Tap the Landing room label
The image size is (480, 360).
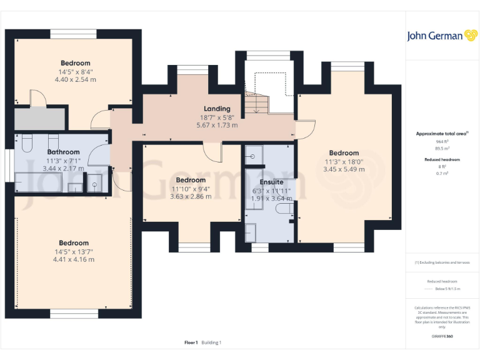(217, 109)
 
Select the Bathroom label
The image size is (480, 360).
(63, 152)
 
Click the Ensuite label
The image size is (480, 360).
(271, 182)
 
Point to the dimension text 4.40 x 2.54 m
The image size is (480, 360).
(75, 79)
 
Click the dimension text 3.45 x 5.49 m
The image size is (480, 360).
(344, 169)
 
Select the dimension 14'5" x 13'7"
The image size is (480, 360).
(73, 251)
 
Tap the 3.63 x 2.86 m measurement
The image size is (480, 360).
(191, 196)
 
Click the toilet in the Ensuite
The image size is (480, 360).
(284, 213)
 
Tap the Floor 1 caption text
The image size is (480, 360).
(191, 342)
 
